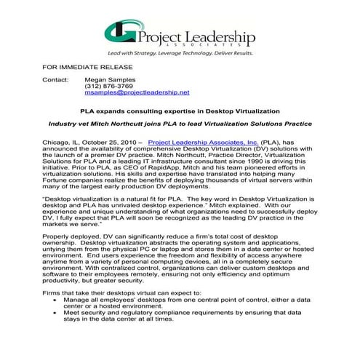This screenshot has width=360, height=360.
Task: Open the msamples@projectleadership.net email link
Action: pos(137,94)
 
